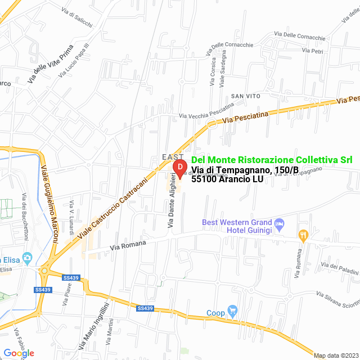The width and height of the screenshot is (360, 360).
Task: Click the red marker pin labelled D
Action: [179, 168]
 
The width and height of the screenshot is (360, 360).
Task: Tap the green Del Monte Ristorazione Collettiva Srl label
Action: [272, 160]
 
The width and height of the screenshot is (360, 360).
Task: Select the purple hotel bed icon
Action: [280, 225]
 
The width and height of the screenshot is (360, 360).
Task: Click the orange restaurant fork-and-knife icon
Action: [303, 235]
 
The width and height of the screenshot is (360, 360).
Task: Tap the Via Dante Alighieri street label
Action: [172, 201]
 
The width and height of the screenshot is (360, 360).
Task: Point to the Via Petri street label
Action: [312, 51]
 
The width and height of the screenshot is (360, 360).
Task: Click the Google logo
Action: [19, 353]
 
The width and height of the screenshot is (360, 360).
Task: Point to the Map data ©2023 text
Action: [335, 355]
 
